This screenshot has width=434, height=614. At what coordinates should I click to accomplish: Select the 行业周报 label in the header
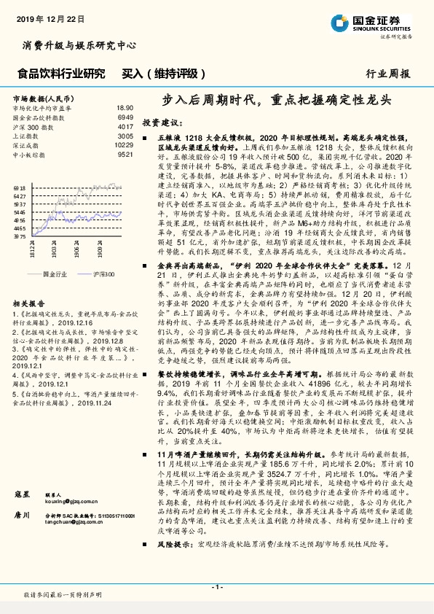pyautogui.click(x=387, y=74)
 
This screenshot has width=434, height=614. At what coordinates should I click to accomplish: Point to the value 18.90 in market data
pyautogui.click(x=125, y=107)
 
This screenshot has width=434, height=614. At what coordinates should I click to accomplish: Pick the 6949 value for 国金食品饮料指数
pyautogui.click(x=125, y=117)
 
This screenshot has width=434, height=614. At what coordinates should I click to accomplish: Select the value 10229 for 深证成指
pyautogui.click(x=124, y=145)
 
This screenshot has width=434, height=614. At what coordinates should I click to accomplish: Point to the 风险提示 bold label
pyautogui.click(x=173, y=543)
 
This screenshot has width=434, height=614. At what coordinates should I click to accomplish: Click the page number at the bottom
pyautogui.click(x=216, y=587)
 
